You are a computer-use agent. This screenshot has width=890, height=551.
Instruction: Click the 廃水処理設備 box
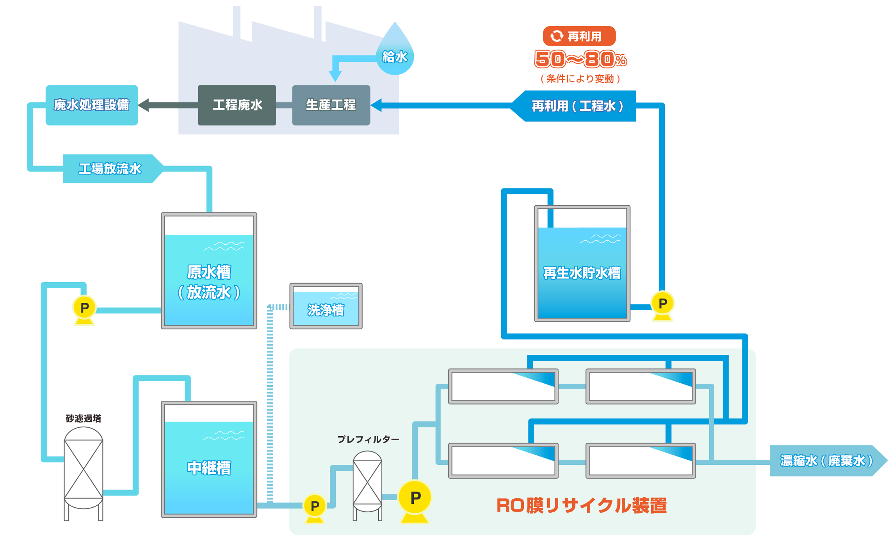pyautogui.click(x=92, y=105)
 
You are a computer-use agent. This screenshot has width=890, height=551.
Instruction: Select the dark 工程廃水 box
pyautogui.click(x=237, y=105)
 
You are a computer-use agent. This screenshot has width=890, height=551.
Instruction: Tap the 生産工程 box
pyautogui.click(x=331, y=105)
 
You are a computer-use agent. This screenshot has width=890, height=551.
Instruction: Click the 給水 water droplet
pyautogui.click(x=395, y=55)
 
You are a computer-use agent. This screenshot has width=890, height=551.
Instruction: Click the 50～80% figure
pyautogui.click(x=580, y=59)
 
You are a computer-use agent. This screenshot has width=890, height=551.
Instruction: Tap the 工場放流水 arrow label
pyautogui.click(x=110, y=169)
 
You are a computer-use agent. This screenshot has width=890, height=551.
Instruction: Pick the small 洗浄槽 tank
pyautogui.click(x=326, y=306)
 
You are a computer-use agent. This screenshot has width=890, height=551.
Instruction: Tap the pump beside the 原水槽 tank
pyautogui.click(x=84, y=309)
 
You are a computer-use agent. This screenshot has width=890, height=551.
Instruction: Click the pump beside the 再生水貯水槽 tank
pyautogui.click(x=662, y=305)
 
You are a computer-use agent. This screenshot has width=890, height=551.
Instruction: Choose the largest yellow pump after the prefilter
pyautogui.click(x=415, y=499)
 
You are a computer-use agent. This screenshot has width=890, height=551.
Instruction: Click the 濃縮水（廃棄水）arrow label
pyautogui.click(x=826, y=461)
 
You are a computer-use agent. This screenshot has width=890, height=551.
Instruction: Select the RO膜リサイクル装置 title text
pyautogui.click(x=581, y=505)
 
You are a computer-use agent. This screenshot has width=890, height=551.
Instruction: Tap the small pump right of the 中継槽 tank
pyautogui.click(x=315, y=507)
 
